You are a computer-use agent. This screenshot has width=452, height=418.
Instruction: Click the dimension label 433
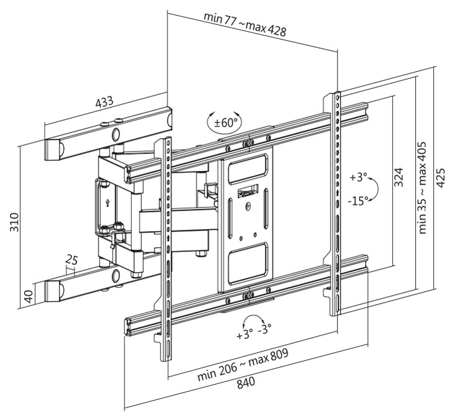(104, 102)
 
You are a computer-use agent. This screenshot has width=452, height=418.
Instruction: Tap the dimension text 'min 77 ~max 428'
(245, 24)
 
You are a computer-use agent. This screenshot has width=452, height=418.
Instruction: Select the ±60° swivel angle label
(224, 123)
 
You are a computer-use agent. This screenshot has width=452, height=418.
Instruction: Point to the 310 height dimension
(14, 222)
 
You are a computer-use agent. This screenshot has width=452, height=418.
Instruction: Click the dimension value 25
(71, 260)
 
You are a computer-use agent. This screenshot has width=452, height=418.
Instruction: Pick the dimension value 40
(29, 296)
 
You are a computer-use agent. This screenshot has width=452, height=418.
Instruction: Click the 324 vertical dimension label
(399, 177)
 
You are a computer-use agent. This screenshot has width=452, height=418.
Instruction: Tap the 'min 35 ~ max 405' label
(422, 187)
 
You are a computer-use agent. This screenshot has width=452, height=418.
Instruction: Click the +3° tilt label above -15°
(358, 177)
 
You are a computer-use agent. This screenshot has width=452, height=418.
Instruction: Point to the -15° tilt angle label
(358, 201)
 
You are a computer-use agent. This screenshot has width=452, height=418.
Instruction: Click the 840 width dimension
(246, 383)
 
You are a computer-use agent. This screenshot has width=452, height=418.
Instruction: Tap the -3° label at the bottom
(265, 329)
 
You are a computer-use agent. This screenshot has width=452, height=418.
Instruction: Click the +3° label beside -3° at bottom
(244, 334)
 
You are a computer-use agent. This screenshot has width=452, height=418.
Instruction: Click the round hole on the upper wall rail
(116, 134)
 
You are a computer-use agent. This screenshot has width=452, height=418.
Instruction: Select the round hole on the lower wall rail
(116, 276)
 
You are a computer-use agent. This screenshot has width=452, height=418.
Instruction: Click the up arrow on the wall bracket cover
(108, 203)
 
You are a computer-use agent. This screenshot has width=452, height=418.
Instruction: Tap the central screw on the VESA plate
(249, 206)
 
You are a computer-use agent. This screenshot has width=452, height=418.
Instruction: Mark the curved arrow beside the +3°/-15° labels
(375, 189)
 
